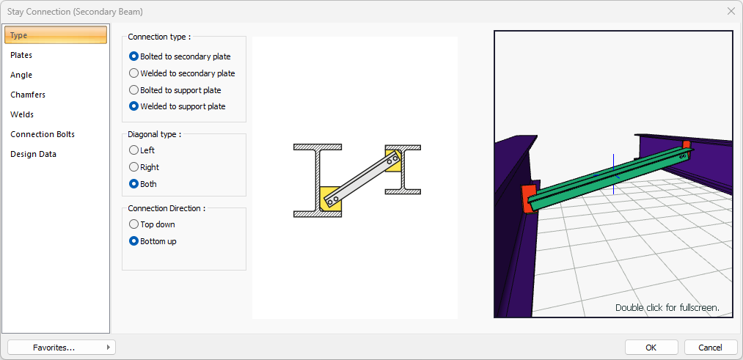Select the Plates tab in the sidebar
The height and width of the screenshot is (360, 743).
pos(21,55)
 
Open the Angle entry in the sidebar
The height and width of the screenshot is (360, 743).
pos(21,75)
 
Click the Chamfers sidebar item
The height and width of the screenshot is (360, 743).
pos(28,95)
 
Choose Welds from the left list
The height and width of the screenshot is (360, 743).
pos(22,114)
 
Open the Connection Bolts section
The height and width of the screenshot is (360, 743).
pos(43,134)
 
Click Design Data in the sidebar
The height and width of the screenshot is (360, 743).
pos(33,154)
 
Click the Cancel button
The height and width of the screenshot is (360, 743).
pos(710,348)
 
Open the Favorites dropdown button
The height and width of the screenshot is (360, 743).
pos(62,348)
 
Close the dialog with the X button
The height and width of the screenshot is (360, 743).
pos(731,11)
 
